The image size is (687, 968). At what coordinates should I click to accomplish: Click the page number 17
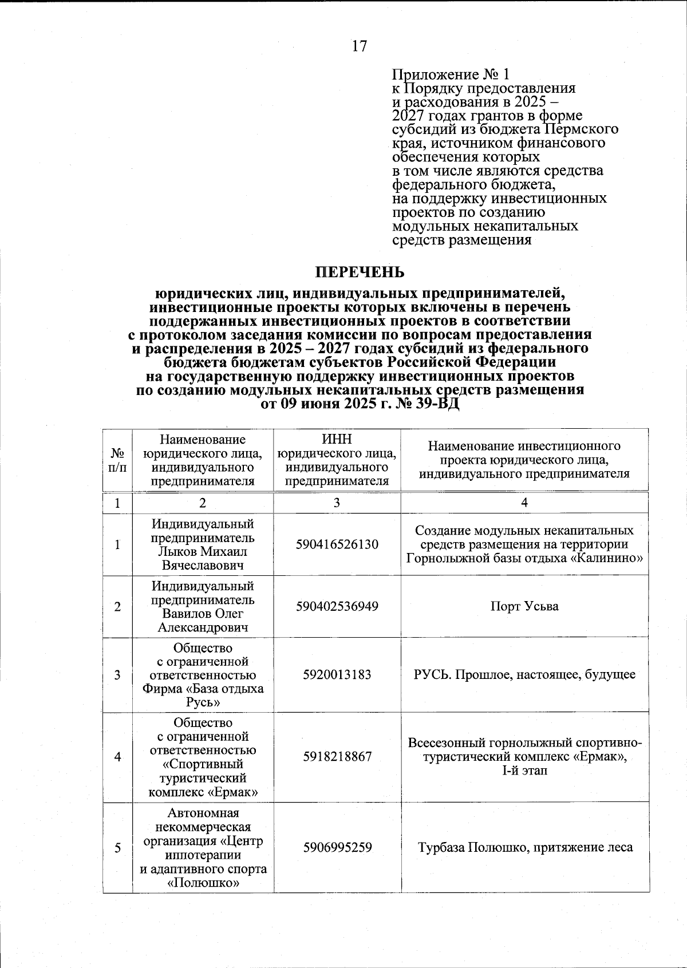(359, 46)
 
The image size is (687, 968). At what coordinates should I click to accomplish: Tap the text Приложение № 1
(450, 75)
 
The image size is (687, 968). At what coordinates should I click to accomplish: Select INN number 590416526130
(337, 544)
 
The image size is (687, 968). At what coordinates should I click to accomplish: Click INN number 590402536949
(337, 607)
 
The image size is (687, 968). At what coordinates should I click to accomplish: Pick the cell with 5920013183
(337, 675)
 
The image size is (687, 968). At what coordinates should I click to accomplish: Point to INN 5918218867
(337, 757)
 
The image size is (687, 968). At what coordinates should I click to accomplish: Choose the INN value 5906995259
(337, 847)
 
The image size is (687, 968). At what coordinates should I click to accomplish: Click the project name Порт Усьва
(524, 607)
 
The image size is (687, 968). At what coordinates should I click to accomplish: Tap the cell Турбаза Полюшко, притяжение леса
(525, 847)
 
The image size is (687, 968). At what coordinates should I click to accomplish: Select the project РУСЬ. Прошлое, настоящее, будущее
(524, 675)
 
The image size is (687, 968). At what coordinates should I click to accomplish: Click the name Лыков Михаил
(203, 552)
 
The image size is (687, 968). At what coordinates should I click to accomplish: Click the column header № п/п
(117, 460)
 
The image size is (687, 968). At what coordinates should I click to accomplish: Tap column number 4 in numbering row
(524, 503)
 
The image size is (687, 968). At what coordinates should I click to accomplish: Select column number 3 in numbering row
(337, 503)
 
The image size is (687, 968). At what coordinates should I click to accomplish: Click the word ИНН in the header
(337, 440)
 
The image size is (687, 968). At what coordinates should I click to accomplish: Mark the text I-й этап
(524, 771)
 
